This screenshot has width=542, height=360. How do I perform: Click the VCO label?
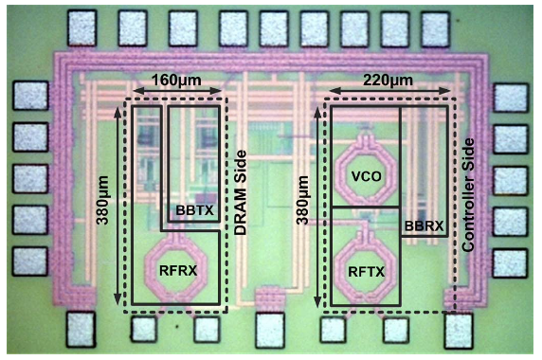365,176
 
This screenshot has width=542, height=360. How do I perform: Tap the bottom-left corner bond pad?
81,329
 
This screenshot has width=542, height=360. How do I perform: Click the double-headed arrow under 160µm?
180,92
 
